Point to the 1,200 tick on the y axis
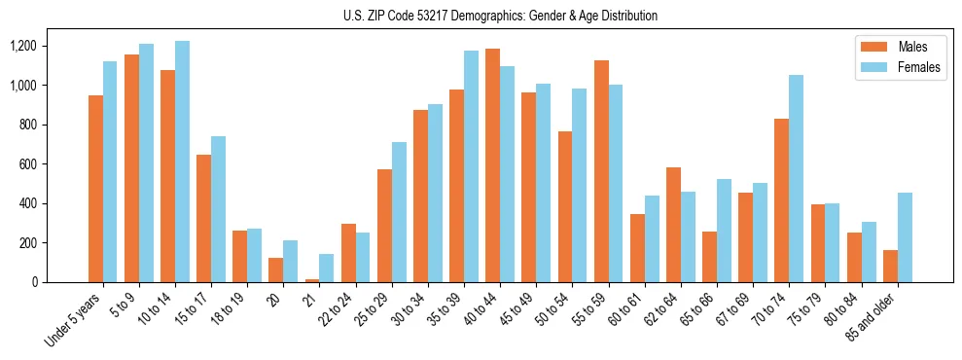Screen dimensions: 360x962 [22, 47]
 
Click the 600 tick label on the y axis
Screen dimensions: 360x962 [27, 164]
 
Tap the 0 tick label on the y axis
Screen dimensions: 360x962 [34, 282]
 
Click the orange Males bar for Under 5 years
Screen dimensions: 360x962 [95, 189]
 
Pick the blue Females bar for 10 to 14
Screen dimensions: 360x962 [183, 162]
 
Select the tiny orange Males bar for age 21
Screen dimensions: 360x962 [311, 280]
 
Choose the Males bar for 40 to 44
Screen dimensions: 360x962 [492, 165]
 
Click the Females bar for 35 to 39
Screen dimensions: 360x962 [471, 166]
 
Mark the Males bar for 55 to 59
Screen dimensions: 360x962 [600, 171]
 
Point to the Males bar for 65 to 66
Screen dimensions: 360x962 [709, 257]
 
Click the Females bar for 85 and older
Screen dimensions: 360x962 [905, 237]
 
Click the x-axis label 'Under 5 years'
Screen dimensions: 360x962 [74, 318]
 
